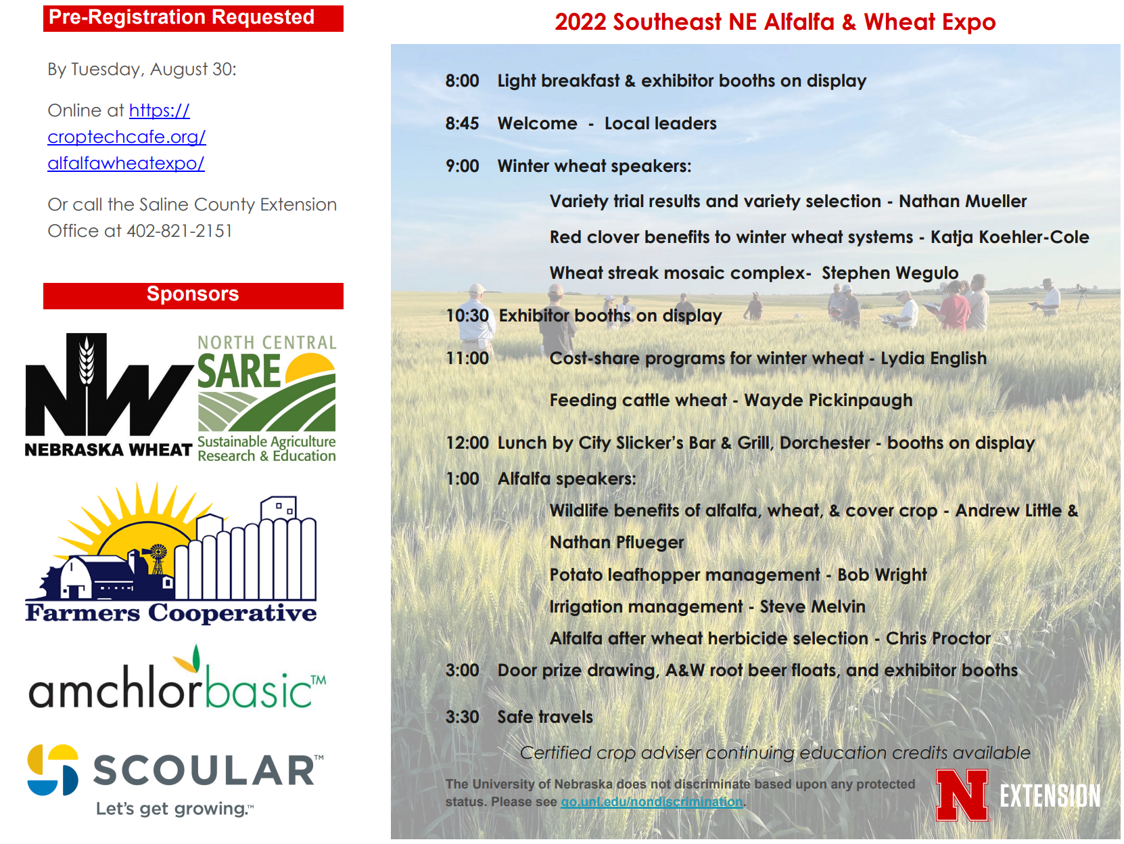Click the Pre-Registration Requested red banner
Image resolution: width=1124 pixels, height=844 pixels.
coord(193,18)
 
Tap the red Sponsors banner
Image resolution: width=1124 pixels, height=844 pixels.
coord(193,296)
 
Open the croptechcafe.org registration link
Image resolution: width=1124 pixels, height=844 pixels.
coord(126,137)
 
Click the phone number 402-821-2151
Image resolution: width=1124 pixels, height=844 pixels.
coord(179,231)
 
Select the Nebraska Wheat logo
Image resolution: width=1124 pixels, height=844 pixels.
coord(109,395)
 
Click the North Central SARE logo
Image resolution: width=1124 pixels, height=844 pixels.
coord(266,399)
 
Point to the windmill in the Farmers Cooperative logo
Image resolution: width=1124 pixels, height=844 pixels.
coord(157,558)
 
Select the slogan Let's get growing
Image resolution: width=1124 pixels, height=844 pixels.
coord(174,809)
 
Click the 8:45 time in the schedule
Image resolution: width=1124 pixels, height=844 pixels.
coord(462,123)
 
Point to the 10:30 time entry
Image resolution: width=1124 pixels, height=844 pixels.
coord(467,315)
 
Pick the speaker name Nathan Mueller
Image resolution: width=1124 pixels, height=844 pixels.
coord(962,202)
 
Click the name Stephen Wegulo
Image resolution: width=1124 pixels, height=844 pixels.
coord(889,273)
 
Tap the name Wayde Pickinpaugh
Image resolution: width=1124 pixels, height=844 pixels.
coord(828,400)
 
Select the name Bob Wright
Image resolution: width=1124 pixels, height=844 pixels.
coord(882,575)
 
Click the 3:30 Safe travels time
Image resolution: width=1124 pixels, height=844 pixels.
coord(462,717)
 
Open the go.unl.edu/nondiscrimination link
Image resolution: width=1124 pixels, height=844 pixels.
coord(651,802)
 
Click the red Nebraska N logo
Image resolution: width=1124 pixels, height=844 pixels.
coord(961,795)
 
